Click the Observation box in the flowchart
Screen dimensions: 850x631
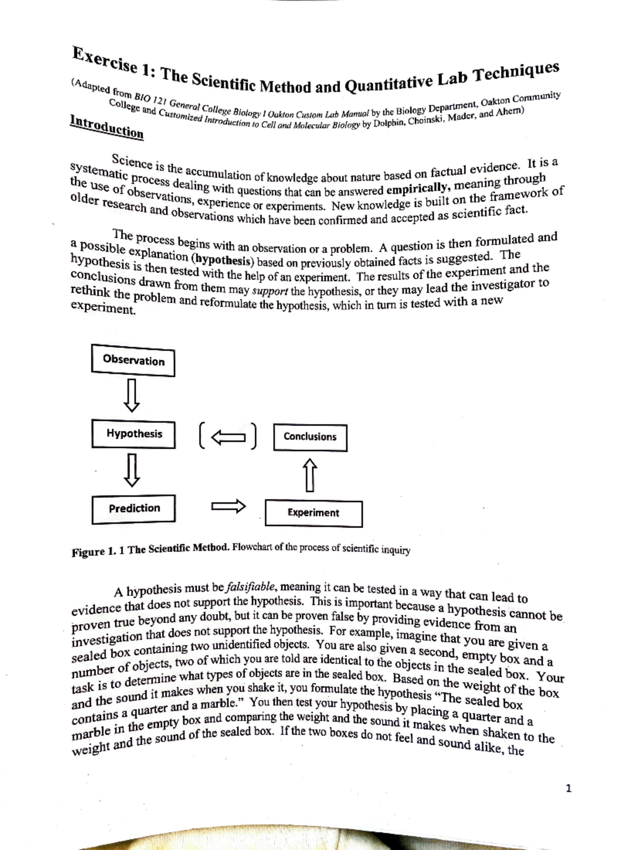coord(133,360)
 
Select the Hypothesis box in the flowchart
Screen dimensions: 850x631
coord(134,434)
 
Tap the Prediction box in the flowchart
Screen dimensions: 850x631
coord(134,509)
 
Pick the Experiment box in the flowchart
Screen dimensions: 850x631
coord(313,513)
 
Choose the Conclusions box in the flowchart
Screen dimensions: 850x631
coord(310,437)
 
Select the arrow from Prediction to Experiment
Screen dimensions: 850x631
coord(229,507)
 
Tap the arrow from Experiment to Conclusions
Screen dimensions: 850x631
coord(310,475)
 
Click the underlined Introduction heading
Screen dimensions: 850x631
coord(107,127)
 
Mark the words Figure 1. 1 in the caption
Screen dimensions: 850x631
coord(98,552)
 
